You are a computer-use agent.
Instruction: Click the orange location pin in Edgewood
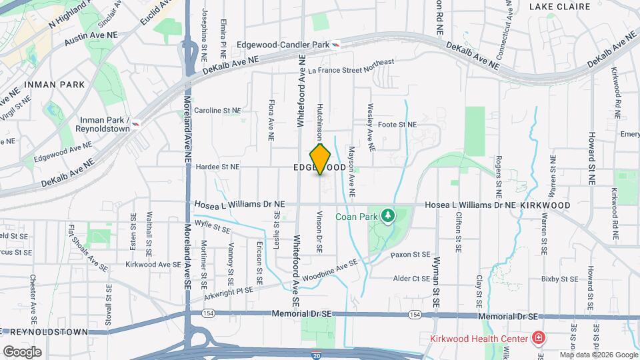321,159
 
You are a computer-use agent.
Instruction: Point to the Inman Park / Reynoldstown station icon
136,123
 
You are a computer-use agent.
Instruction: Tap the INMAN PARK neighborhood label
54,85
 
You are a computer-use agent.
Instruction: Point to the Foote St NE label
397,125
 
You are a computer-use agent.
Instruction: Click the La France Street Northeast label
351,67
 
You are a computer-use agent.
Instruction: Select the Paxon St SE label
411,254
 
